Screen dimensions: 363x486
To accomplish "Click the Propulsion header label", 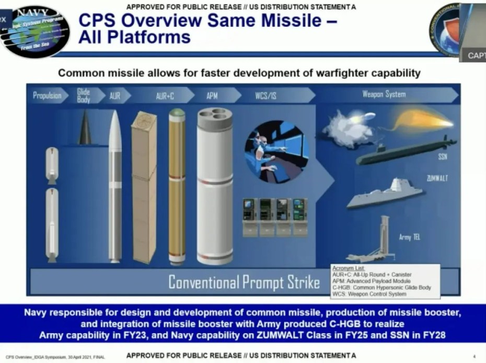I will tap(47, 95).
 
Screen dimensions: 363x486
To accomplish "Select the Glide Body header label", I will tap(84, 95).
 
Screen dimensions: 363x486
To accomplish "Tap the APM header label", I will tap(212, 96).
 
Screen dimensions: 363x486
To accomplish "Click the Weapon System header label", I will tap(384, 95).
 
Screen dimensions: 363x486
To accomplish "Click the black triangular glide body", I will tap(85, 129).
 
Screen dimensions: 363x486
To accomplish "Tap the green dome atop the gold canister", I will tap(177, 112).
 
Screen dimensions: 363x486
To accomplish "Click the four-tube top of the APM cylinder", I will tap(215, 118).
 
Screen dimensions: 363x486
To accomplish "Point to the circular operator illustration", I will tap(276, 152).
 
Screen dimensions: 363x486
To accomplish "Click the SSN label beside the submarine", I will tap(442, 156).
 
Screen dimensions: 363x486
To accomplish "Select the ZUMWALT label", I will tap(437, 178).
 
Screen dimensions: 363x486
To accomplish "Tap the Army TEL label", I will tap(410, 237).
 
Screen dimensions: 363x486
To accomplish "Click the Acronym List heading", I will tap(349, 268).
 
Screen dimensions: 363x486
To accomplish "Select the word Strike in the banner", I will tap(302, 283).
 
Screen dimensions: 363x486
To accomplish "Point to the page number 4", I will tap(473, 356).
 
